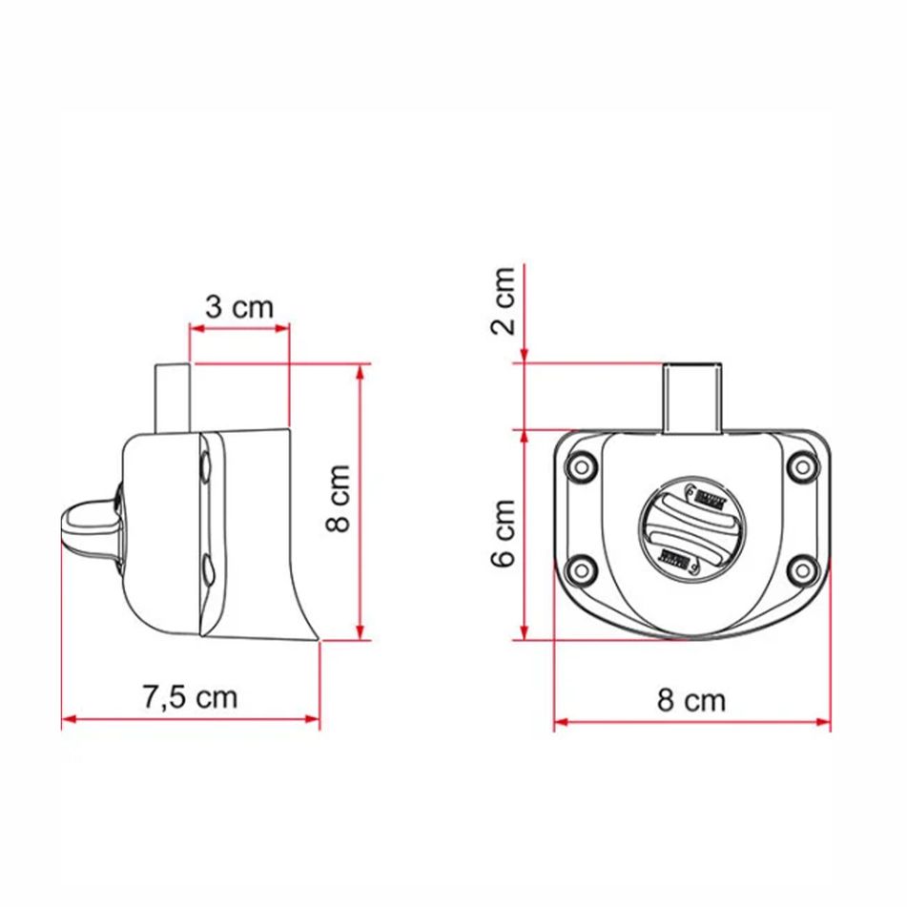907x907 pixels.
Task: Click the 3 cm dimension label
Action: (x=238, y=307)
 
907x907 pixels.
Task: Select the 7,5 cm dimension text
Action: (x=189, y=697)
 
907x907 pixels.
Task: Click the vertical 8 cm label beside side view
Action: (x=338, y=499)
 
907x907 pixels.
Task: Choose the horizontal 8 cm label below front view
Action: (x=691, y=701)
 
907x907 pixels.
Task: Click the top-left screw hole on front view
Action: (x=578, y=467)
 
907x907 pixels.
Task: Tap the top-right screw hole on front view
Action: (x=803, y=467)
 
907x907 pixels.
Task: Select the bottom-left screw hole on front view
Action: (x=578, y=570)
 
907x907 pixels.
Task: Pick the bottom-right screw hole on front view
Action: (x=803, y=570)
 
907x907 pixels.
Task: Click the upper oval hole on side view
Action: (x=207, y=466)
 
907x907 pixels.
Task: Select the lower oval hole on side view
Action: (x=207, y=572)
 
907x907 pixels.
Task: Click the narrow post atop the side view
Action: (x=174, y=396)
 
